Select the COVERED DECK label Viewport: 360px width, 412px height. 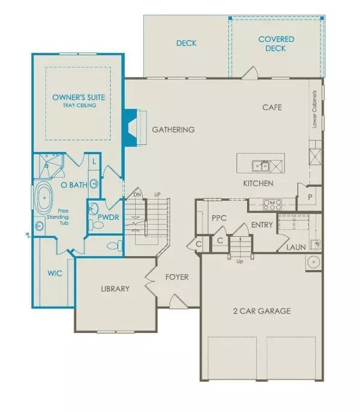point(276,44)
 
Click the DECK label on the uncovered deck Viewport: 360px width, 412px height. point(186,43)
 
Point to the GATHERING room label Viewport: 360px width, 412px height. point(173,130)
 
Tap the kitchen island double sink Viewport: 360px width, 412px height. point(260,165)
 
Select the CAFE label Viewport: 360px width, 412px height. point(272,108)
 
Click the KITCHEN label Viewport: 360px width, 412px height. point(258,184)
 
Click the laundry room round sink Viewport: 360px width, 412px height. point(312,262)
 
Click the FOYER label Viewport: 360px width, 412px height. point(177,278)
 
